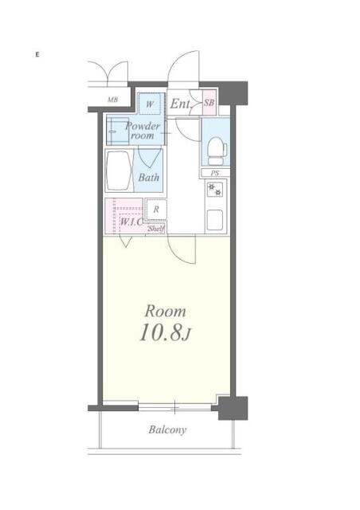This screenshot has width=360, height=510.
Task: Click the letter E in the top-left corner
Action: pyautogui.click(x=37, y=54)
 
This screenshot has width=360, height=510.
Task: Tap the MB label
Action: pyautogui.click(x=112, y=100)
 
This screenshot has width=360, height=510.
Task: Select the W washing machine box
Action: pyautogui.click(x=149, y=103)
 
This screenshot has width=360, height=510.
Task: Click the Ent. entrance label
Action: pyautogui.click(x=180, y=103)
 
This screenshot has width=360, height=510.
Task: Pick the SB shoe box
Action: pyautogui.click(x=209, y=103)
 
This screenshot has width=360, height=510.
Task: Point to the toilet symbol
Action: pyautogui.click(x=215, y=147)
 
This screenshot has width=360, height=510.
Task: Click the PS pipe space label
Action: pyautogui.click(x=214, y=173)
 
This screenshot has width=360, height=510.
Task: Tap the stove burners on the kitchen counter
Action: pyautogui.click(x=214, y=191)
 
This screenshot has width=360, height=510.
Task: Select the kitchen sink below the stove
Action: pyautogui.click(x=215, y=218)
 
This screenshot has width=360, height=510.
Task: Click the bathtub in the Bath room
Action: pyautogui.click(x=119, y=170)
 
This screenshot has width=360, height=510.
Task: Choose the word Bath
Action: pyautogui.click(x=149, y=178)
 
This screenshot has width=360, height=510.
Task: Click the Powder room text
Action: pyautogui.click(x=143, y=131)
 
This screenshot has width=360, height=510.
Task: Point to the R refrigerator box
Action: pyautogui.click(x=156, y=210)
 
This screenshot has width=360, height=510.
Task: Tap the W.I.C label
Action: pyautogui.click(x=131, y=222)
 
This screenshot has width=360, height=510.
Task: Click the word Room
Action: pyautogui.click(x=165, y=310)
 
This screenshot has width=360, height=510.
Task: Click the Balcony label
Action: pyautogui.click(x=167, y=430)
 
